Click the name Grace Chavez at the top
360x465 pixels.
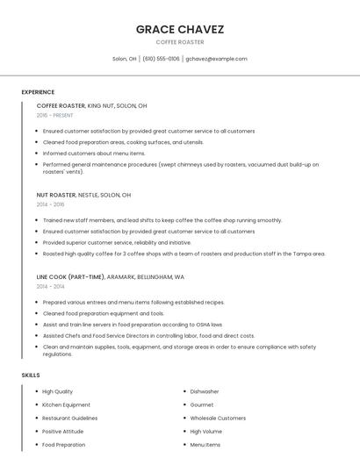(x=180, y=29)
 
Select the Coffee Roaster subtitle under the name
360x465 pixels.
(x=180, y=42)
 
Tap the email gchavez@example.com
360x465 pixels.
(x=216, y=59)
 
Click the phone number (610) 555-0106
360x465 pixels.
(x=161, y=59)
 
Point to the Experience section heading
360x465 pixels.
(x=38, y=92)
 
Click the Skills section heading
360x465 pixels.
(x=31, y=375)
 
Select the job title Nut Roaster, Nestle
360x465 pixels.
(x=83, y=195)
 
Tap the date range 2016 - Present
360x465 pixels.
(x=54, y=115)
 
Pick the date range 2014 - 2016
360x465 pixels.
(x=50, y=204)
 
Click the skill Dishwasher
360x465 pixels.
(x=205, y=391)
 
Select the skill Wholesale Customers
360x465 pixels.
(x=218, y=418)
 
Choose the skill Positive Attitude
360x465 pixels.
(x=62, y=432)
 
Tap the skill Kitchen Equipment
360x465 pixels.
(x=66, y=404)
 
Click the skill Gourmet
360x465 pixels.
(x=201, y=404)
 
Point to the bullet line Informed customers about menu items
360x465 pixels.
(x=94, y=153)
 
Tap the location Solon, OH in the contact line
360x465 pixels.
(x=124, y=59)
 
